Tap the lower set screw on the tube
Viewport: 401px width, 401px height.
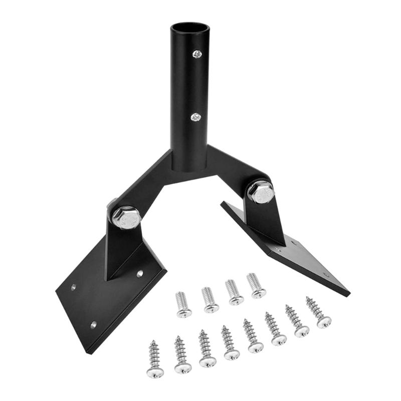[195, 117]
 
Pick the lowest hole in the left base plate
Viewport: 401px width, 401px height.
[93, 325]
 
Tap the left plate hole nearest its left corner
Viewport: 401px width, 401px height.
[73, 287]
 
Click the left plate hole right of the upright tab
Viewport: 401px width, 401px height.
[140, 274]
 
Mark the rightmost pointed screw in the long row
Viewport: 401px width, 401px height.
[318, 312]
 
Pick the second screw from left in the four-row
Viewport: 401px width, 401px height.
[210, 299]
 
